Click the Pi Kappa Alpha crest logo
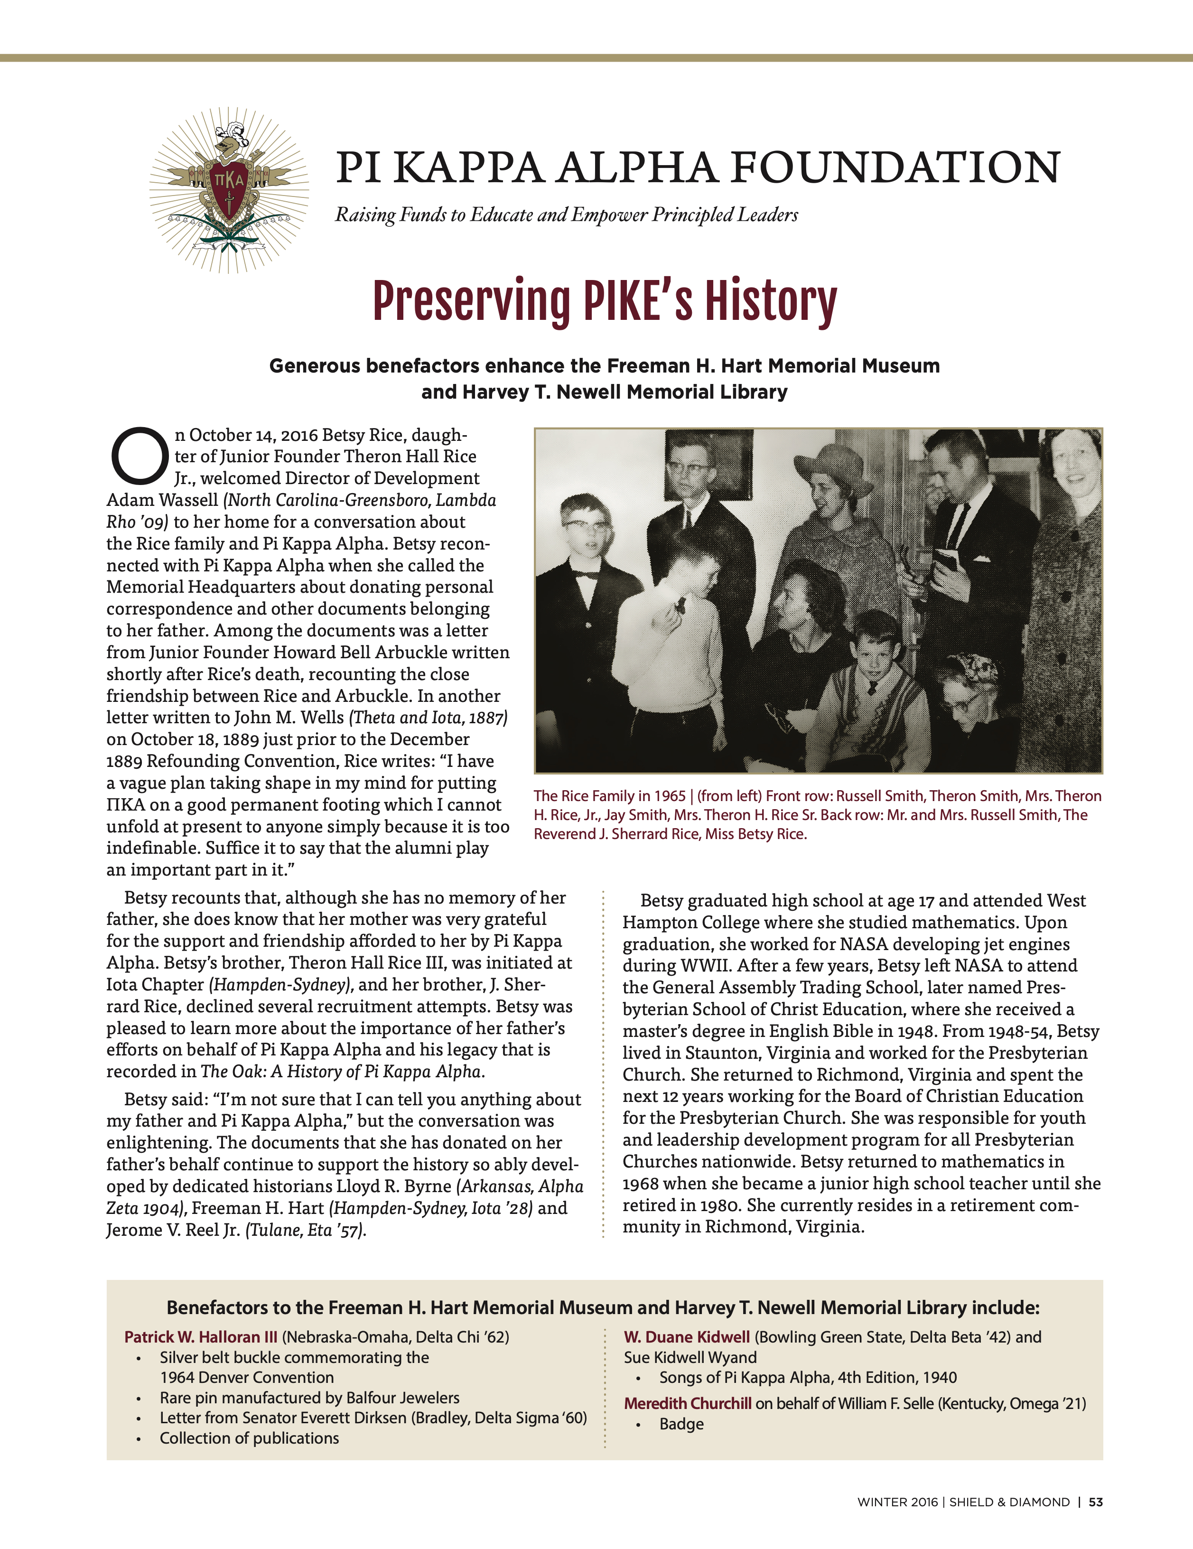229,190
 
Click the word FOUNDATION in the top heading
895,168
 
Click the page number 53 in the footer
1096,1502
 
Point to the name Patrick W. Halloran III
201,1337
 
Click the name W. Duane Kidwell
687,1337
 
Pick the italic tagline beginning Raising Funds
566,215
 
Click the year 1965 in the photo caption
670,796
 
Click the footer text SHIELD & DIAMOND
1009,1502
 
